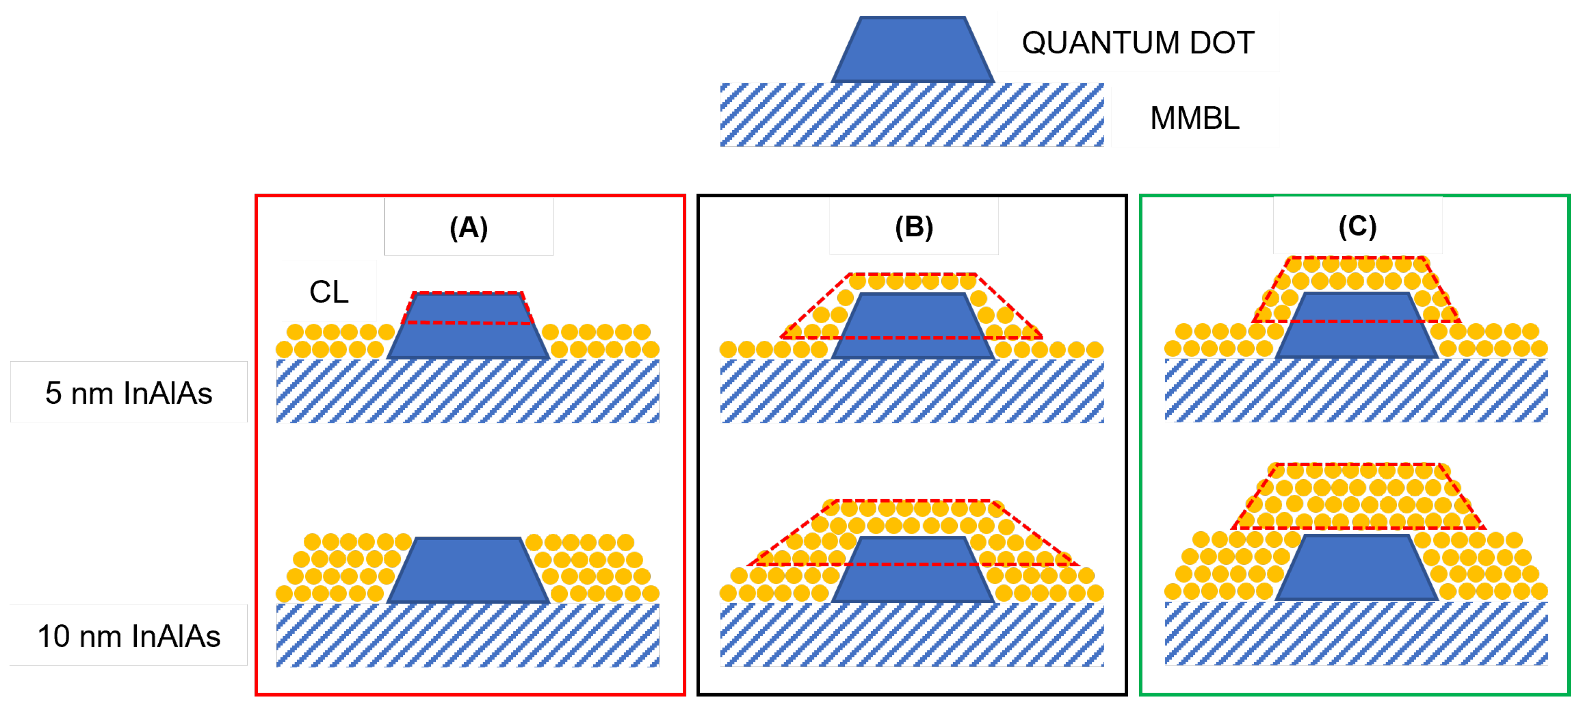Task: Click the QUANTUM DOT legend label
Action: tap(1137, 42)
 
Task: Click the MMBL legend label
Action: tap(1194, 117)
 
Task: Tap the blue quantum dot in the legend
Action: tap(912, 51)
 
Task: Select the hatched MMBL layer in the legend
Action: tap(911, 115)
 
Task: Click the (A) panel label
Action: tap(469, 227)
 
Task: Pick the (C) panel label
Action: tap(1357, 226)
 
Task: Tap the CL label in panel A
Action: tap(329, 291)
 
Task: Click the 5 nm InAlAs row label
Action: tap(128, 393)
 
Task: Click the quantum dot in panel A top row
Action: tap(468, 338)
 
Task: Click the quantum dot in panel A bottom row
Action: tap(468, 571)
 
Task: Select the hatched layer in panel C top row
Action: tap(1356, 390)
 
